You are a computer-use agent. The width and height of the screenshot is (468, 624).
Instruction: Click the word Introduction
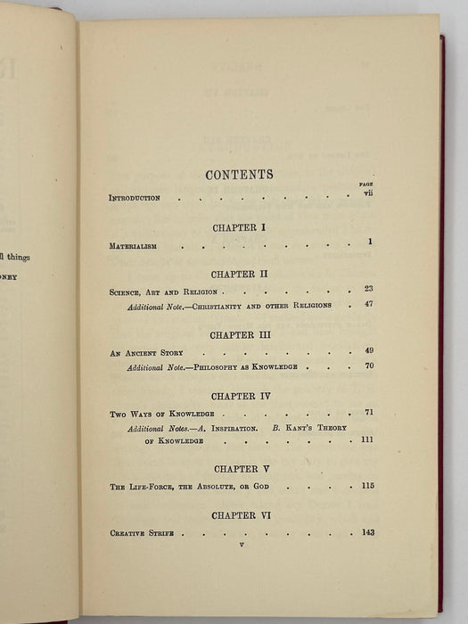135,198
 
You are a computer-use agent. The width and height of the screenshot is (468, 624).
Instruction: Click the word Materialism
135,244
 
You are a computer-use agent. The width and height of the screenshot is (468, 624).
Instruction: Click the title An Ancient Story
146,352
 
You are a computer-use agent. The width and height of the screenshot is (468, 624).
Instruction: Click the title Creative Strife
146,533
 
